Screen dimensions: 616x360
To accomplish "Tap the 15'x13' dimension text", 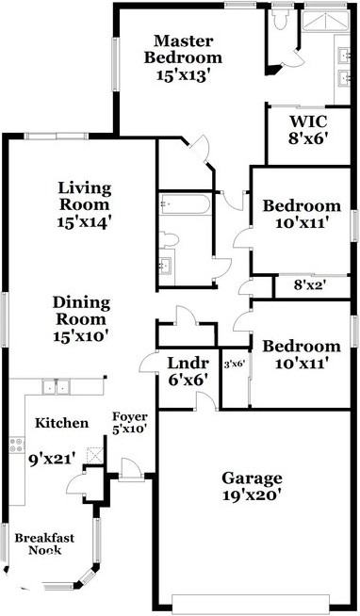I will click(185, 73).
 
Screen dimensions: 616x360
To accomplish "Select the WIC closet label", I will click(307, 122).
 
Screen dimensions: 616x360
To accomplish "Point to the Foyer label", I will click(128, 416).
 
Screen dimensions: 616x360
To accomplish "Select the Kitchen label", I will click(62, 424).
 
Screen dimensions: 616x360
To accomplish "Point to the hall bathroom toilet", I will click(170, 238).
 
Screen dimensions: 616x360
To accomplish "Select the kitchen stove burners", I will click(16, 445).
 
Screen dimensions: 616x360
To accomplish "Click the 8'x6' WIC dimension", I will click(307, 139).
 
